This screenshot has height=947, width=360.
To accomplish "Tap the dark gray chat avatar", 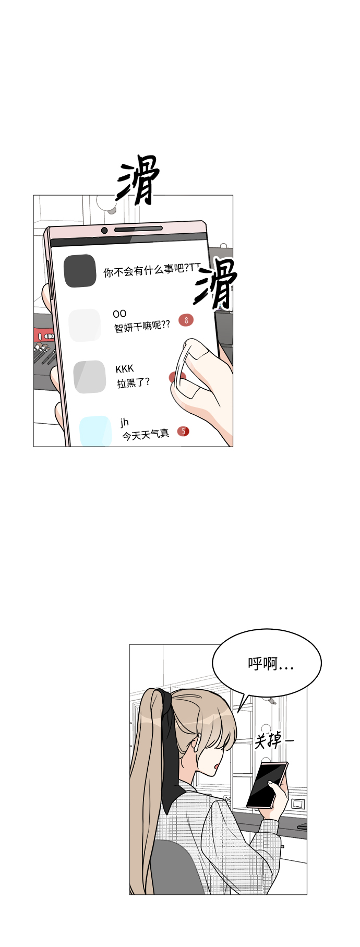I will click(80, 271).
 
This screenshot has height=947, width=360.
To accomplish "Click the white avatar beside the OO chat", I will click(85, 325).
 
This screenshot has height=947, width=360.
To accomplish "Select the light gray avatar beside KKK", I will click(90, 377).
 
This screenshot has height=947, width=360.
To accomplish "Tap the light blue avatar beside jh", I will click(95, 430).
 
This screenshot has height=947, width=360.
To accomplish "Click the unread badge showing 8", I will click(186, 320).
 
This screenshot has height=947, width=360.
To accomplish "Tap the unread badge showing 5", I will click(183, 431).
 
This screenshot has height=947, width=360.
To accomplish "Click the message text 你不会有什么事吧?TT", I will click(151, 270).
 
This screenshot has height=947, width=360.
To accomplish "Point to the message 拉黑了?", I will click(133, 382).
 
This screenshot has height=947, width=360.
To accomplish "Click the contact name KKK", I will click(125, 369).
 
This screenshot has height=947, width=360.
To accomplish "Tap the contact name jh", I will click(124, 422).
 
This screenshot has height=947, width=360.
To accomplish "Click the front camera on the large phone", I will click(104, 231).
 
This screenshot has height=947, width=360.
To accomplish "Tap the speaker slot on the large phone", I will click(138, 229).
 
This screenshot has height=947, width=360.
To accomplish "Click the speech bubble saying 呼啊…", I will click(267, 663).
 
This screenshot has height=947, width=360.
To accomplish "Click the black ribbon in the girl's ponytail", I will click(171, 746).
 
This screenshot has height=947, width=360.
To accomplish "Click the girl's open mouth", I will click(216, 767).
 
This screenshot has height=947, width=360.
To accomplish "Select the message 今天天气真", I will click(146, 434).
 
